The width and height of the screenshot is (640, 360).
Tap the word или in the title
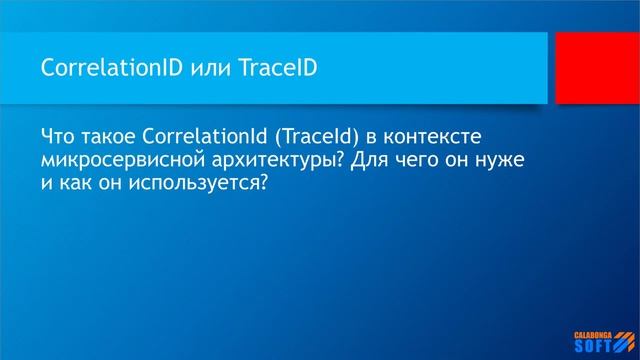(187, 67)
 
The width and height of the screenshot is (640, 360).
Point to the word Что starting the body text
(59, 135)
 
